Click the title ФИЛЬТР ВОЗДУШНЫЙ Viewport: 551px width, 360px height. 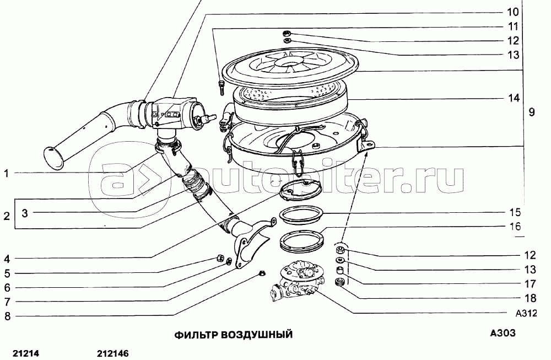coord(233,334)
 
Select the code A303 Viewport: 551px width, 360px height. coord(503,332)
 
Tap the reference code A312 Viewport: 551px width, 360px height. coord(526,313)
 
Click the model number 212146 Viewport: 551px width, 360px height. coord(113,353)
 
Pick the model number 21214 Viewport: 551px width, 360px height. coord(26,353)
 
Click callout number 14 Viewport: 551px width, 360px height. coord(514,98)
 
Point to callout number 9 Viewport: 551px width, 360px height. coord(532,112)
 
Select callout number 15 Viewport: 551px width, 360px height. coord(515,212)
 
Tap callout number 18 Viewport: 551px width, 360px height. coord(530,298)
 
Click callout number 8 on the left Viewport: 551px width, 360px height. coord(7,316)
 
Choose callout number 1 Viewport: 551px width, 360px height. coord(6,173)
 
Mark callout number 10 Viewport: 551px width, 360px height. coord(513,12)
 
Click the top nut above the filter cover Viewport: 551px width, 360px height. coord(287,34)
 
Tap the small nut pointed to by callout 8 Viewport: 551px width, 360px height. coord(261,273)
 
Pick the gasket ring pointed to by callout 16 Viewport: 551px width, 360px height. coord(302,240)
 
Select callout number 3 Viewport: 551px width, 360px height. coord(25,213)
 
